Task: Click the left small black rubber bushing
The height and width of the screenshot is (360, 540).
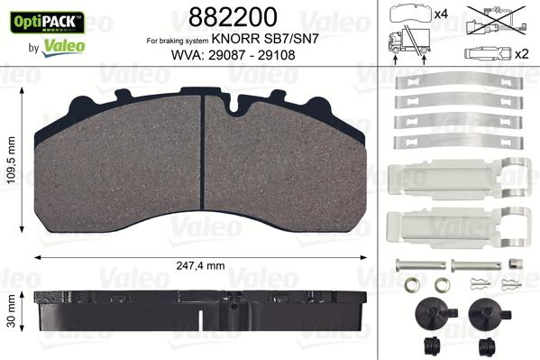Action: point(429,345)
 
